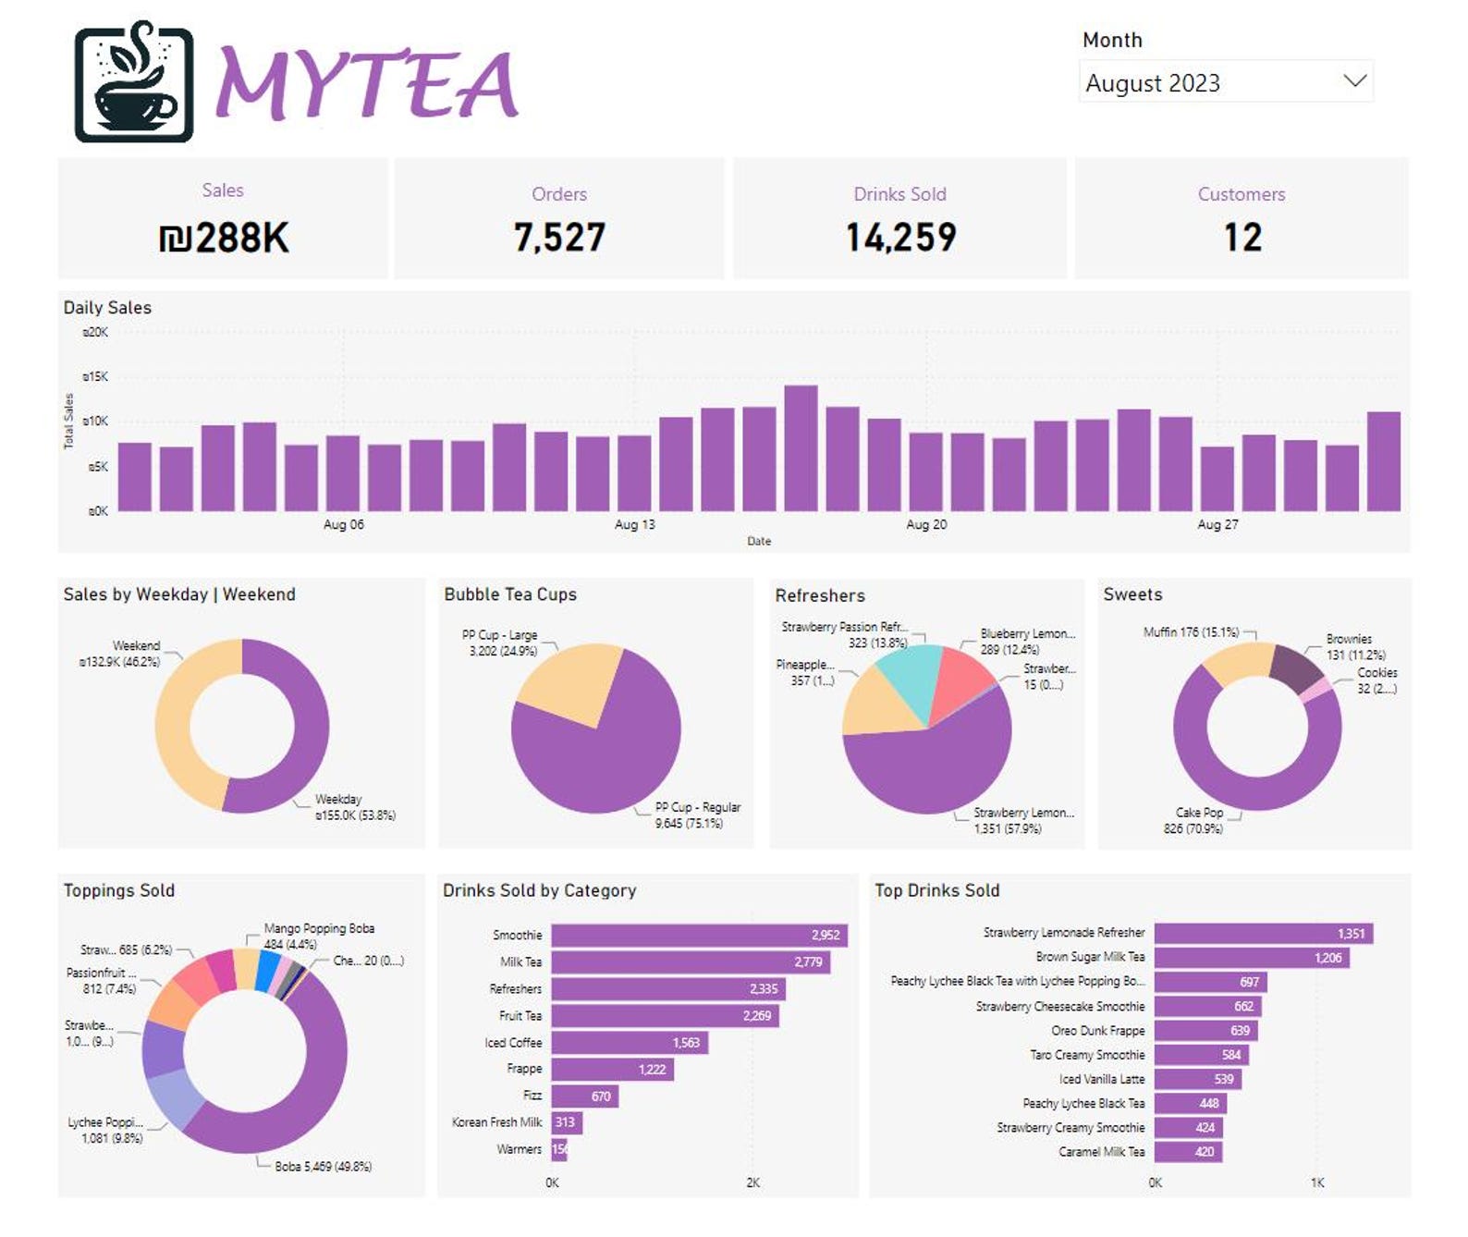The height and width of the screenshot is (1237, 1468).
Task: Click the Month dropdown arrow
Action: coord(1354,81)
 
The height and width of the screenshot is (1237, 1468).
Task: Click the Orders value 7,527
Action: coord(559,238)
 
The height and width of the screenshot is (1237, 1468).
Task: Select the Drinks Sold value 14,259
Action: coord(900,238)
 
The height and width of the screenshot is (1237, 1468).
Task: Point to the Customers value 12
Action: coord(1242,238)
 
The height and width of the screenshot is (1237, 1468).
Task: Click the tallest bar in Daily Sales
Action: coord(801,448)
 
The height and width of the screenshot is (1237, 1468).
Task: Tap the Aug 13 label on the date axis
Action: coord(634,524)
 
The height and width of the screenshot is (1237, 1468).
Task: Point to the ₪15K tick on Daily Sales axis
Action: coord(96,376)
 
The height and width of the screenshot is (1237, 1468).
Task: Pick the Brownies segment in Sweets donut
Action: coord(1294,666)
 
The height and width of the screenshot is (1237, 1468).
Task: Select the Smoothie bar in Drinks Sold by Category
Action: coord(698,935)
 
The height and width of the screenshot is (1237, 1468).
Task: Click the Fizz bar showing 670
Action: coord(584,1096)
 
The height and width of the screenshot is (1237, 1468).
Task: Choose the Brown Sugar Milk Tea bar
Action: coord(1250,957)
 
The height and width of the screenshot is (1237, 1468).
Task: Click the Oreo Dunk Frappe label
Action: coord(1097,1030)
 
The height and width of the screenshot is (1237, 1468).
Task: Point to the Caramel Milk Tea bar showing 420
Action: coord(1188,1151)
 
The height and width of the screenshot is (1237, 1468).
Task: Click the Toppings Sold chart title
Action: coord(119,890)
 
